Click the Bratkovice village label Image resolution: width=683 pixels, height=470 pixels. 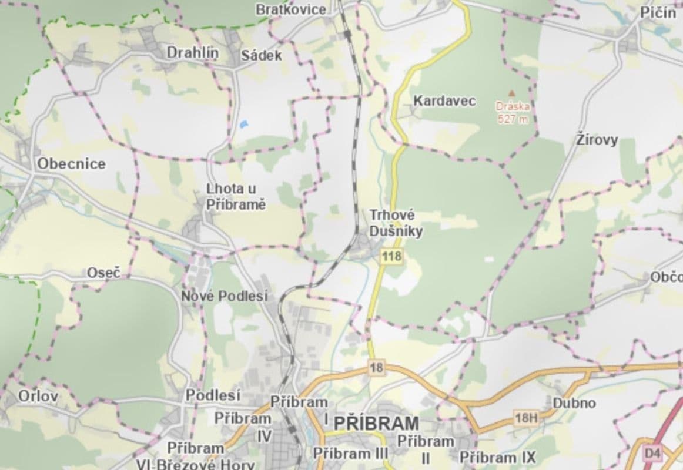(290, 9)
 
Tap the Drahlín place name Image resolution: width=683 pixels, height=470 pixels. (192, 53)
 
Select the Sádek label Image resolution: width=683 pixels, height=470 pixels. (262, 56)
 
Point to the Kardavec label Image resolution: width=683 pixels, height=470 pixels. (444, 100)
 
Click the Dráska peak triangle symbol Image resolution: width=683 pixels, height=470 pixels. (511, 93)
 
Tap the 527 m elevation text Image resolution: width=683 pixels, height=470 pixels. (513, 119)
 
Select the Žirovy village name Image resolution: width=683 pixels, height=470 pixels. (597, 140)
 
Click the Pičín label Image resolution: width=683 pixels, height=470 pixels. (658, 13)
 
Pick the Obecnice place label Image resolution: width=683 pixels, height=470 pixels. (71, 164)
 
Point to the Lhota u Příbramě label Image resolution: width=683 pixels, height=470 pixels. (235, 197)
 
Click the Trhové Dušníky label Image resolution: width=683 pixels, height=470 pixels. (396, 223)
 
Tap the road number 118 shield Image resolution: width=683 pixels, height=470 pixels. (391, 256)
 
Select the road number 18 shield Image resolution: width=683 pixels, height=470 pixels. (376, 368)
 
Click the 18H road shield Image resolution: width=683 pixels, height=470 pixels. (525, 418)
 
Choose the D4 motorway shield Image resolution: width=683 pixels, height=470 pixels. (652, 453)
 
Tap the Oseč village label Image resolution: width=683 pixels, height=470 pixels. (103, 273)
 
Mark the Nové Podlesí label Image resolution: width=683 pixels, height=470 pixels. (224, 296)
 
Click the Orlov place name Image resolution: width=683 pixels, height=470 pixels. (38, 396)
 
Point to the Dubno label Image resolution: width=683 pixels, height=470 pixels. (574, 403)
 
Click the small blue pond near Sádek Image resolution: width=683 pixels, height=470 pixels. (243, 124)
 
